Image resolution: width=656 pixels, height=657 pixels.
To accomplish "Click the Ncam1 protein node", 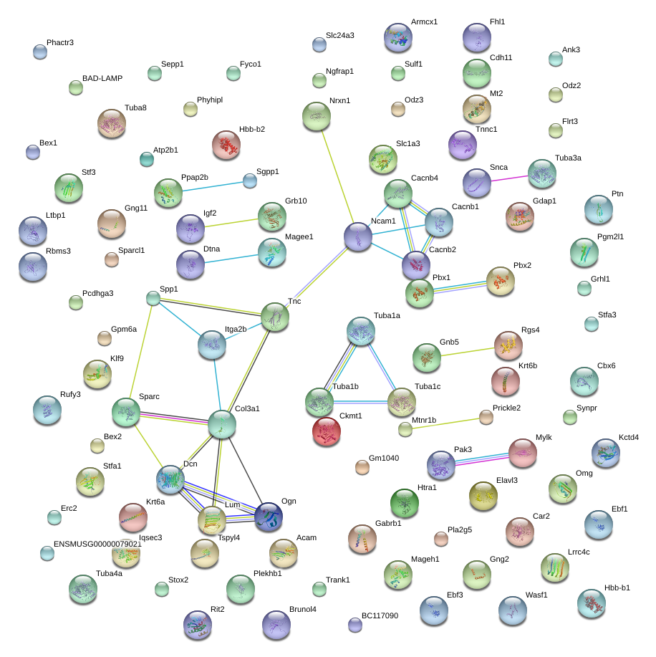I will pos(357,236).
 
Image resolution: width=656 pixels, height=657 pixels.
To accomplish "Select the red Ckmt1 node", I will pos(327,431).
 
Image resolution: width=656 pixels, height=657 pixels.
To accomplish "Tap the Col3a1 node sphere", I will pos(222,424).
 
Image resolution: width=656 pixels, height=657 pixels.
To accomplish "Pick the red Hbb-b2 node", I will pos(226,145).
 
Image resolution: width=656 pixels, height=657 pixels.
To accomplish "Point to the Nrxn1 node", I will pos(317,116).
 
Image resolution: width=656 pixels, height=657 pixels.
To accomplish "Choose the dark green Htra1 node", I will pos(405,503).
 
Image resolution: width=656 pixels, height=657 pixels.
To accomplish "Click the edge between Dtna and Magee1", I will pos(231,258).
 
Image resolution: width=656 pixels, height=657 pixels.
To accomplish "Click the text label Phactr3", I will pos(60,43).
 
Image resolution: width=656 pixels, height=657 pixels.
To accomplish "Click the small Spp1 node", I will pos(153,298).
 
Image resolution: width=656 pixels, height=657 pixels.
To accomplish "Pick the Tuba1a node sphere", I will pos(360,331).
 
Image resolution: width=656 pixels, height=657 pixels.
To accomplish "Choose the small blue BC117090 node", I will pos(354,624).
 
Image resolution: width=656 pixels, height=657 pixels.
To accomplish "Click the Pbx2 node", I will pos(500,281).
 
